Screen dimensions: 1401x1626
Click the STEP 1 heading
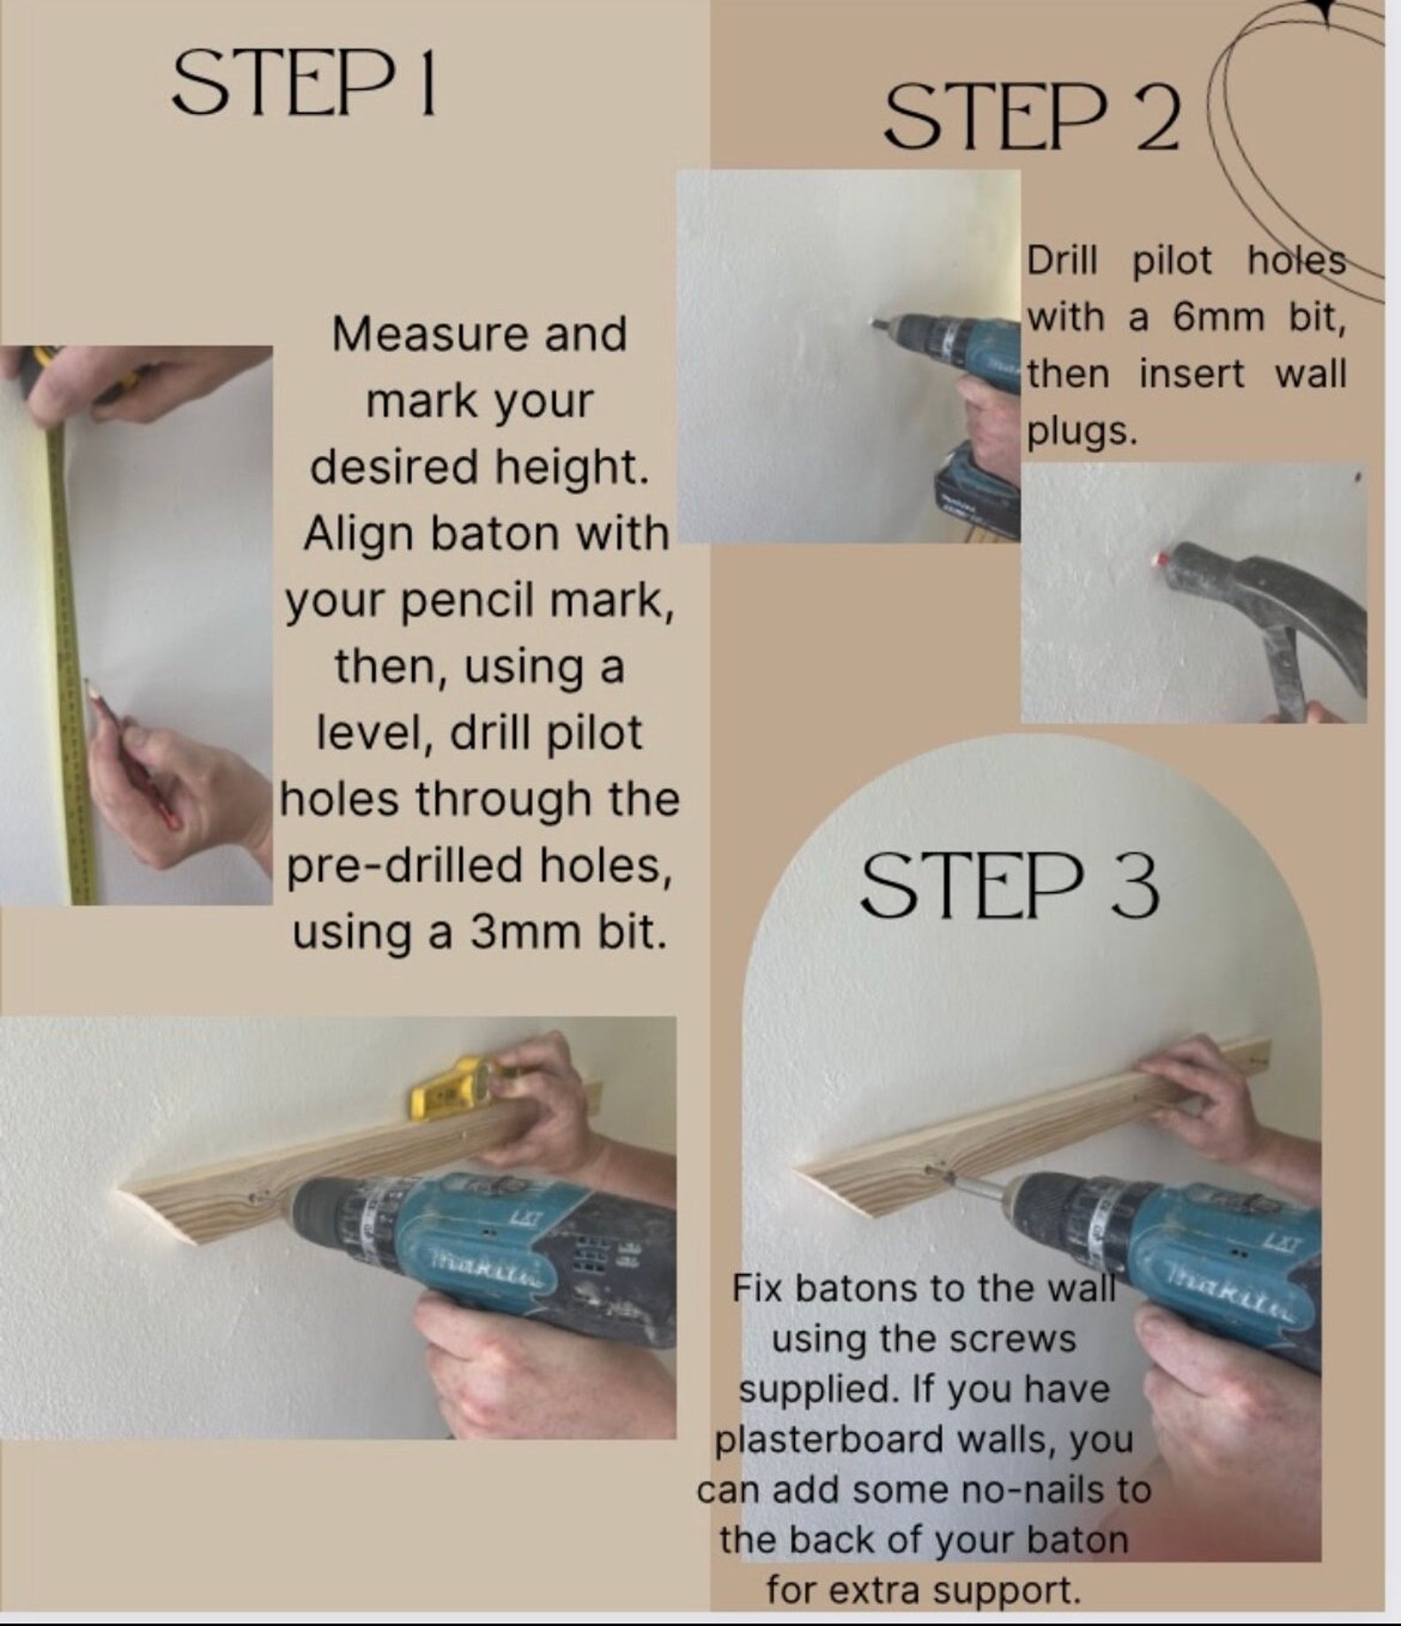click(303, 83)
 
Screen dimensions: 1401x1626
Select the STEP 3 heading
click(1009, 886)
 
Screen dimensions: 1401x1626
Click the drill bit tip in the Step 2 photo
click(876, 325)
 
